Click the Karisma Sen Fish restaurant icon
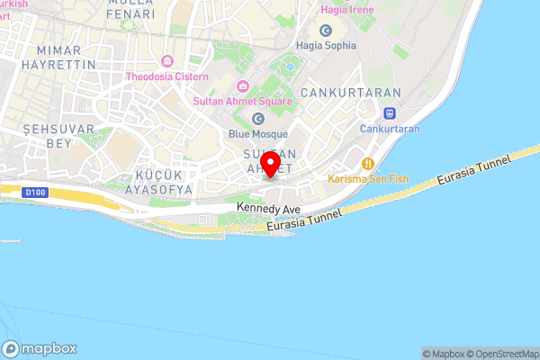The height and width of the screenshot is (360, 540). [367, 163]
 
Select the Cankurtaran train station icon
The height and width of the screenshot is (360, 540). [390, 113]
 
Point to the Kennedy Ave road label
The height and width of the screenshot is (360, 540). [268, 207]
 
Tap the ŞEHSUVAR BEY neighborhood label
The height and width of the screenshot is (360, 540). [45, 136]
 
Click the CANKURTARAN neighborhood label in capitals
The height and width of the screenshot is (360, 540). [337, 93]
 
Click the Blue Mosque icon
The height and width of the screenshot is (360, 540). [258, 118]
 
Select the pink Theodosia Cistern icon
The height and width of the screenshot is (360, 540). [166, 61]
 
